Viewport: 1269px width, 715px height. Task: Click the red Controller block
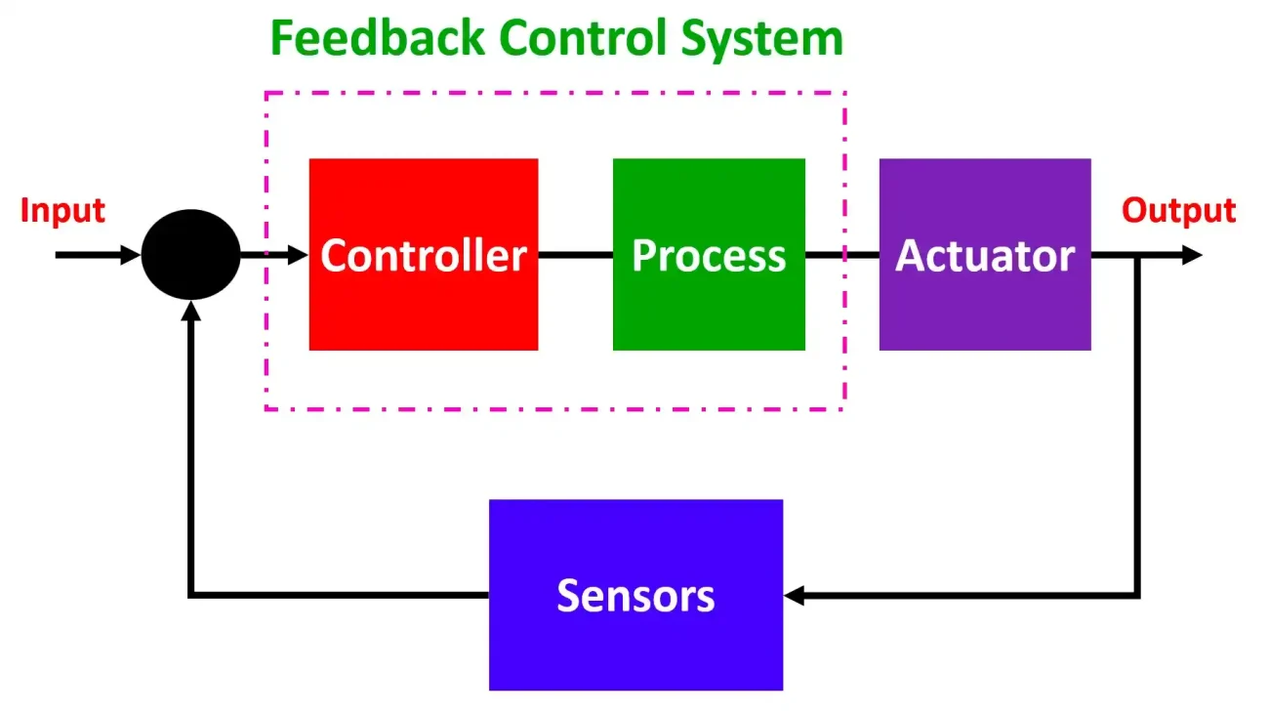coord(424,255)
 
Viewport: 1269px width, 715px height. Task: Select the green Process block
coord(709,255)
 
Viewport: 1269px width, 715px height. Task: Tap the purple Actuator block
coord(985,255)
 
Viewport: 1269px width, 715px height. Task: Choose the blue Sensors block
coord(635,595)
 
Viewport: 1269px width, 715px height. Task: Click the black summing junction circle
coord(190,255)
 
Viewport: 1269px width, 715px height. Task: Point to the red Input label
coord(62,211)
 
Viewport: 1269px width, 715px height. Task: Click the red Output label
coord(1178,211)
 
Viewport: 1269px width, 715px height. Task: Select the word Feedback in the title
coord(378,38)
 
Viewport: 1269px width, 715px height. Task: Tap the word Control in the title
coord(583,38)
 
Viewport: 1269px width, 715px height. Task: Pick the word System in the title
coord(762,41)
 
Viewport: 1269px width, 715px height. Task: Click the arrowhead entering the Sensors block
coord(794,596)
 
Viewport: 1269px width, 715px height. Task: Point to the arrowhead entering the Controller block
coord(298,255)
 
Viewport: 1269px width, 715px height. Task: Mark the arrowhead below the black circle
coord(191,311)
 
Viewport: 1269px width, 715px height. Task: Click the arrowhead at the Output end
coord(1192,255)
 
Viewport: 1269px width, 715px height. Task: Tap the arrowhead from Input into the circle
coord(130,255)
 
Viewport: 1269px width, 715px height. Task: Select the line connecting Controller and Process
coord(576,255)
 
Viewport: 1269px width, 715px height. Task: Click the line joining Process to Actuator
coord(841,255)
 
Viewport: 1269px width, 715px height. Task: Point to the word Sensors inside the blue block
coord(635,596)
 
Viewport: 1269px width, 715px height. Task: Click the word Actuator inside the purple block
coord(985,256)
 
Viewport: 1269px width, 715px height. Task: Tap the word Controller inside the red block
coord(424,255)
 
